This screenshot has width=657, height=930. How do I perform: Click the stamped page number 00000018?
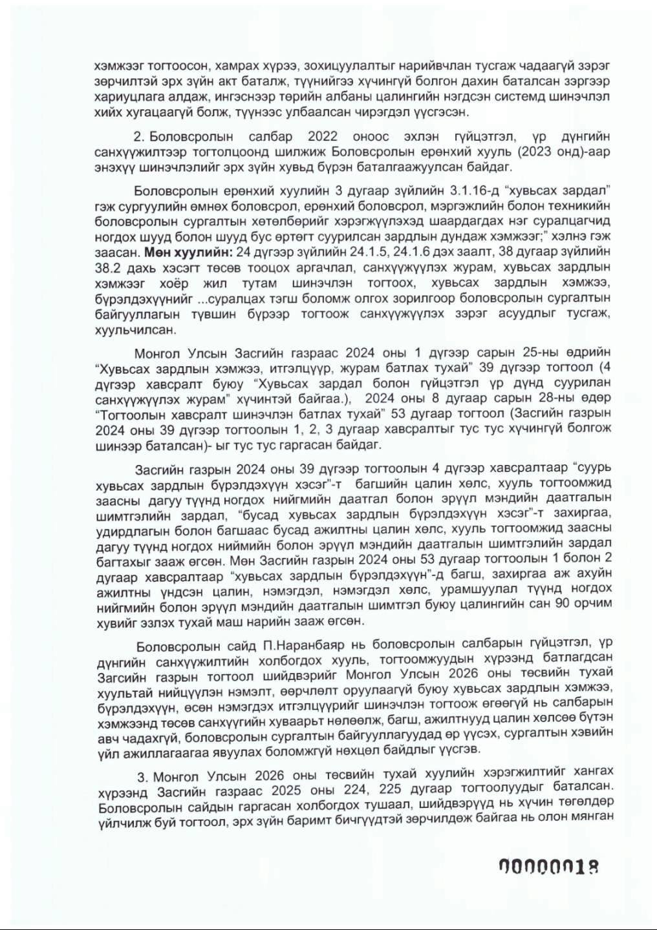[546, 867]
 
